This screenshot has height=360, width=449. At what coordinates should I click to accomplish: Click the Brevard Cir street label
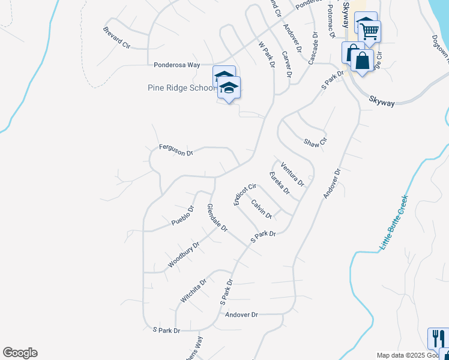pyautogui.click(x=116, y=37)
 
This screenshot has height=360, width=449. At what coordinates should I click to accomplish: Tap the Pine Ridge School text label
pyautogui.click(x=181, y=88)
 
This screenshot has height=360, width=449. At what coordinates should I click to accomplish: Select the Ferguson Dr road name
pyautogui.click(x=176, y=150)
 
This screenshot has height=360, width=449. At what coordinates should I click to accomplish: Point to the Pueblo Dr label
pyautogui.click(x=183, y=216)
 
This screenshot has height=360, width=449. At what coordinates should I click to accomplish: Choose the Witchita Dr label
pyautogui.click(x=193, y=290)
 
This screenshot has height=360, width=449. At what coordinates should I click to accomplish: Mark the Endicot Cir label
pyautogui.click(x=245, y=194)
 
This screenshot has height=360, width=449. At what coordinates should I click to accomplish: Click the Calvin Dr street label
pyautogui.click(x=262, y=209)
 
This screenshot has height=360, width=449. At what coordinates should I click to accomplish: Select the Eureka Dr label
pyautogui.click(x=280, y=184)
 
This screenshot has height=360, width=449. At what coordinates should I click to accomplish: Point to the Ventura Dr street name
pyautogui.click(x=292, y=174)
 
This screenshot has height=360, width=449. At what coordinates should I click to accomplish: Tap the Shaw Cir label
pyautogui.click(x=315, y=143)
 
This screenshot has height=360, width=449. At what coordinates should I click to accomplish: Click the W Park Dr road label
pyautogui.click(x=266, y=55)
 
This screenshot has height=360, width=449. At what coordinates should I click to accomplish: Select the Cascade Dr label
pyautogui.click(x=313, y=49)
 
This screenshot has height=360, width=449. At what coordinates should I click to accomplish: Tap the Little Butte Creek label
pyautogui.click(x=394, y=223)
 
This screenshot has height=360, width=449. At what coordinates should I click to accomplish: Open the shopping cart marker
pyautogui.click(x=369, y=30)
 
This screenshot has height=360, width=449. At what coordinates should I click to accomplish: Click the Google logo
pyautogui.click(x=20, y=353)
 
